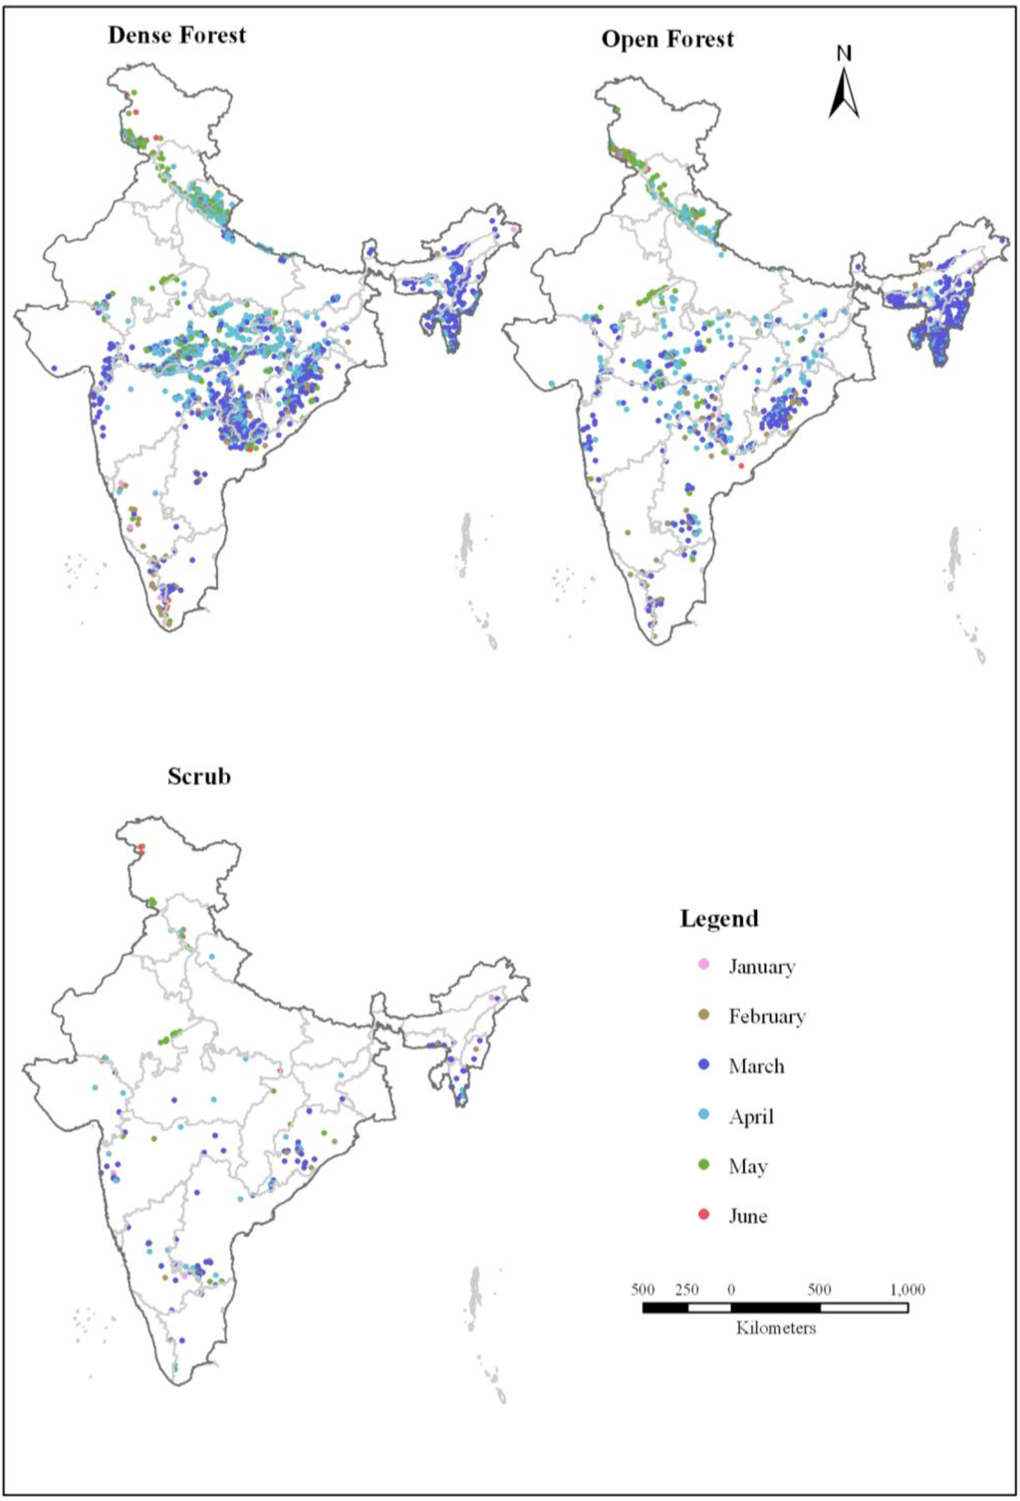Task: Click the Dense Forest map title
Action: tap(176, 35)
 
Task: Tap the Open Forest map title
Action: tap(667, 40)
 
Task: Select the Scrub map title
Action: tap(198, 776)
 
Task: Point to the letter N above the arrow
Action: tap(844, 54)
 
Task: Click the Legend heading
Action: tap(719, 919)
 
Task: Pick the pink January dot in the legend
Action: tap(704, 965)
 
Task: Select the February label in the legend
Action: tap(766, 1017)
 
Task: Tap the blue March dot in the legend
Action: tap(704, 1064)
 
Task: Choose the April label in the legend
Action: tap(751, 1116)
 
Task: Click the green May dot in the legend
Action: tap(704, 1164)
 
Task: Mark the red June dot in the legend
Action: tap(704, 1214)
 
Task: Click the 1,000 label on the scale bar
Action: tap(906, 1290)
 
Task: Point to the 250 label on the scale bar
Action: tap(686, 1290)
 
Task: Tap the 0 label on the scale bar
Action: tap(730, 1290)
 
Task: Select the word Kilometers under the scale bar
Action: tap(775, 1328)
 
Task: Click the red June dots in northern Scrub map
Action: tap(141, 849)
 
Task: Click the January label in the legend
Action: tap(761, 967)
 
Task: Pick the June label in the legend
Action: tap(747, 1216)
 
